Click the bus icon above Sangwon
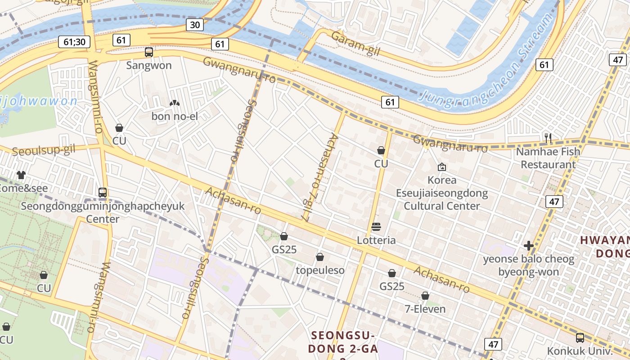tap(149, 52)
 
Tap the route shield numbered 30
tap(195, 25)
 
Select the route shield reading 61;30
tap(74, 42)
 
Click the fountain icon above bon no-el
tap(174, 103)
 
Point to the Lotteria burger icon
tap(376, 227)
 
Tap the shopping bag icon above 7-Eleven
tap(425, 296)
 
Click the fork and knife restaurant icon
tap(548, 138)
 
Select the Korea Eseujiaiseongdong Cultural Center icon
tap(442, 167)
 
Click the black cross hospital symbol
tap(529, 246)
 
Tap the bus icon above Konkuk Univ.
tap(580, 337)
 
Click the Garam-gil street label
tap(356, 44)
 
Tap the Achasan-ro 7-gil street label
tap(320, 177)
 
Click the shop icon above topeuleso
tap(320, 257)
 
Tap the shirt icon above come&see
tap(21, 175)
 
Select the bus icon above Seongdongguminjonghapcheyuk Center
tap(103, 193)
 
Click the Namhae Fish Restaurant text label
tap(548, 158)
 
